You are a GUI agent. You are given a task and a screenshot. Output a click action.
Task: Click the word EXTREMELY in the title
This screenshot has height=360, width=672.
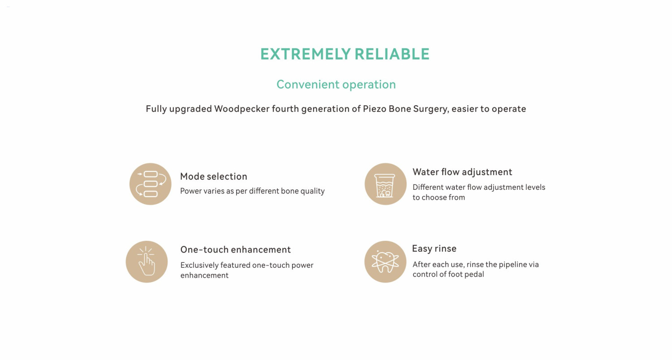click(305, 54)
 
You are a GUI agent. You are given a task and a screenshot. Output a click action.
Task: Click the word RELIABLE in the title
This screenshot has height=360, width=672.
click(392, 54)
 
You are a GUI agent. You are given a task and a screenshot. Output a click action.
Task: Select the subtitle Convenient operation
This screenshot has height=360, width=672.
click(336, 85)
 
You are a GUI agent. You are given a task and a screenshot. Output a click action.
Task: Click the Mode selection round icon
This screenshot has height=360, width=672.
click(150, 184)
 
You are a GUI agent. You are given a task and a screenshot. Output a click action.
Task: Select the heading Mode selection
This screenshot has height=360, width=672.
click(214, 176)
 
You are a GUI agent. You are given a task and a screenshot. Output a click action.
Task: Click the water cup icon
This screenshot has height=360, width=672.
click(385, 184)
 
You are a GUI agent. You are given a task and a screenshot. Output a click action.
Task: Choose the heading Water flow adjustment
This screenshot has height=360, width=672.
click(462, 172)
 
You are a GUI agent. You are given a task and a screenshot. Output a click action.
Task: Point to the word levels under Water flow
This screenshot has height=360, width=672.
click(535, 187)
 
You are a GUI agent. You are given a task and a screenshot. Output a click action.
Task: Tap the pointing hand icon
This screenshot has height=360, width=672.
click(146, 261)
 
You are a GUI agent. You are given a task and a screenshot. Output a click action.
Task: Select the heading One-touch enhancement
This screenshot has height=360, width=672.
click(236, 250)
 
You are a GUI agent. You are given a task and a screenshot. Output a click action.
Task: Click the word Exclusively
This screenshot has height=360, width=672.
click(199, 265)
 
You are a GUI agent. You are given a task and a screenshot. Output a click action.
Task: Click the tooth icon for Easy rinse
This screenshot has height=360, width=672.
click(385, 261)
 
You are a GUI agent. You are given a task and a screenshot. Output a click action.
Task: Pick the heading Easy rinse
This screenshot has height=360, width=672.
click(434, 249)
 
